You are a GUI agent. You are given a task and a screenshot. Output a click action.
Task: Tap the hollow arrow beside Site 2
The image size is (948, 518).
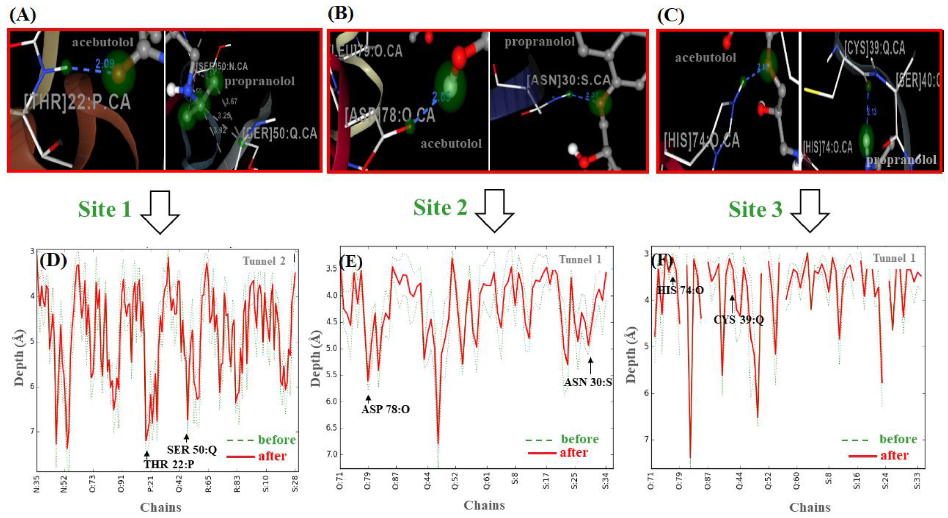point(494,211)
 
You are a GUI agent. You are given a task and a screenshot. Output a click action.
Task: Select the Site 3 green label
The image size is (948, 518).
point(755,210)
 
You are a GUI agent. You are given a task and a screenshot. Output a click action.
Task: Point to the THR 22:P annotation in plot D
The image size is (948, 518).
point(169,464)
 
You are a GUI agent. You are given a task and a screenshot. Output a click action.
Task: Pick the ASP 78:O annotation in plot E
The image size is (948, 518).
point(385,409)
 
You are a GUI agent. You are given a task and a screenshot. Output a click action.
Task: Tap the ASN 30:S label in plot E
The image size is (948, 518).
point(588,382)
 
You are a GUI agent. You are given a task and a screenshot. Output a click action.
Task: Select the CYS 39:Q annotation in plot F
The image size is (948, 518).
point(739,320)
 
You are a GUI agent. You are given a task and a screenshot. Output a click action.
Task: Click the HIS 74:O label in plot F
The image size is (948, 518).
point(680,290)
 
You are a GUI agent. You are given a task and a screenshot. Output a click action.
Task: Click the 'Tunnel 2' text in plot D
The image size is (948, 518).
point(264,261)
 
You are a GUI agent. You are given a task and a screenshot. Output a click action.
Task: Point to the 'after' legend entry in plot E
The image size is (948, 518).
point(574,452)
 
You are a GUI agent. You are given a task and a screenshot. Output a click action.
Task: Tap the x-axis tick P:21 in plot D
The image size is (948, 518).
point(150,483)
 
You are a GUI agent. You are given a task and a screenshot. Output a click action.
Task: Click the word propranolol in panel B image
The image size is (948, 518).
point(539,42)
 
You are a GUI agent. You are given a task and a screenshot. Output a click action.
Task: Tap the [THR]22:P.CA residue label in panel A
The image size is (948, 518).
point(77,102)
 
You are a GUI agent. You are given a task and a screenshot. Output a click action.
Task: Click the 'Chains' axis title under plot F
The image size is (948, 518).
point(810,507)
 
